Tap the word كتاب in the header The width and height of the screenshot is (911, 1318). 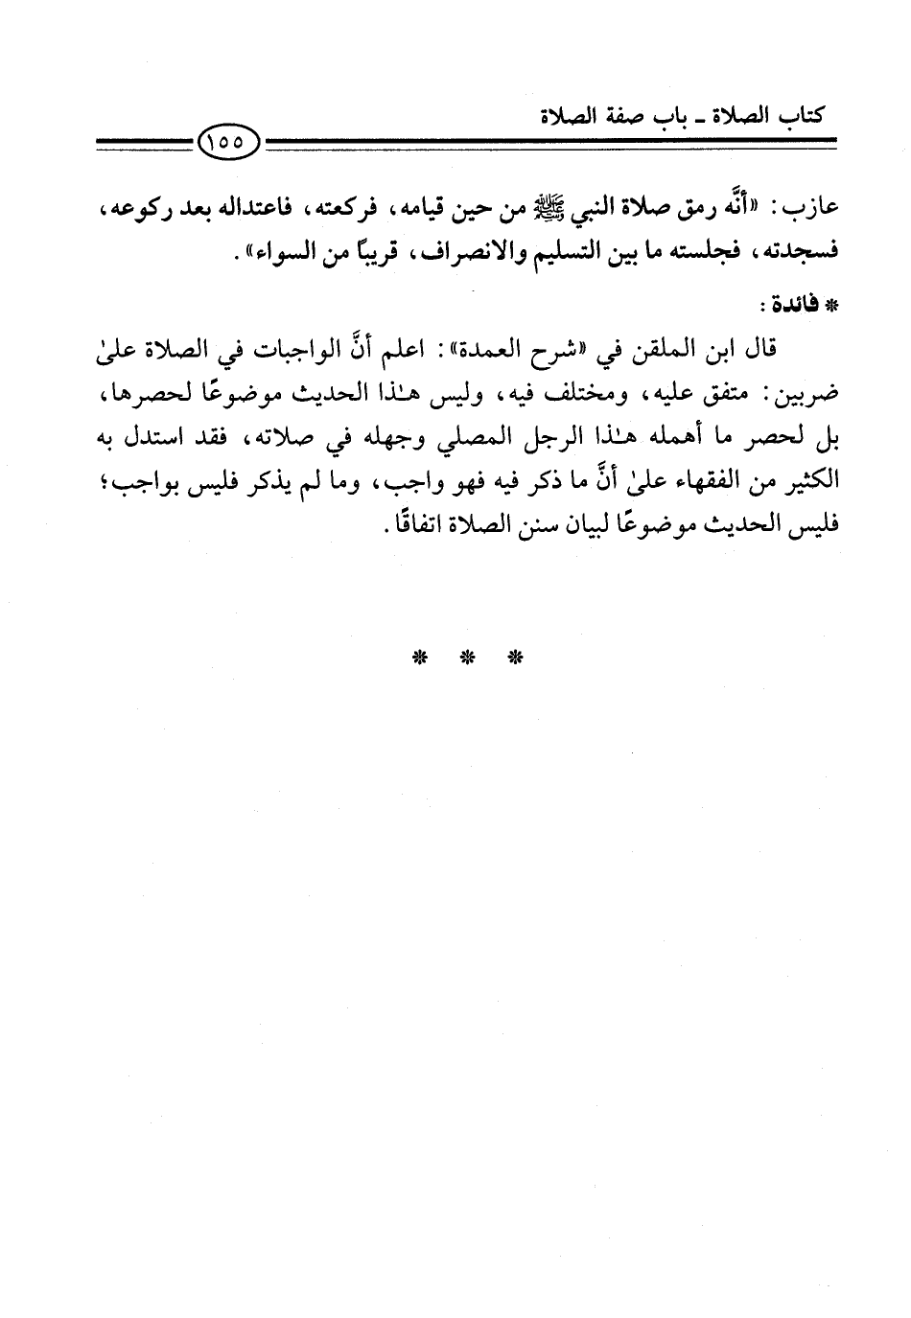[x=802, y=118]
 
